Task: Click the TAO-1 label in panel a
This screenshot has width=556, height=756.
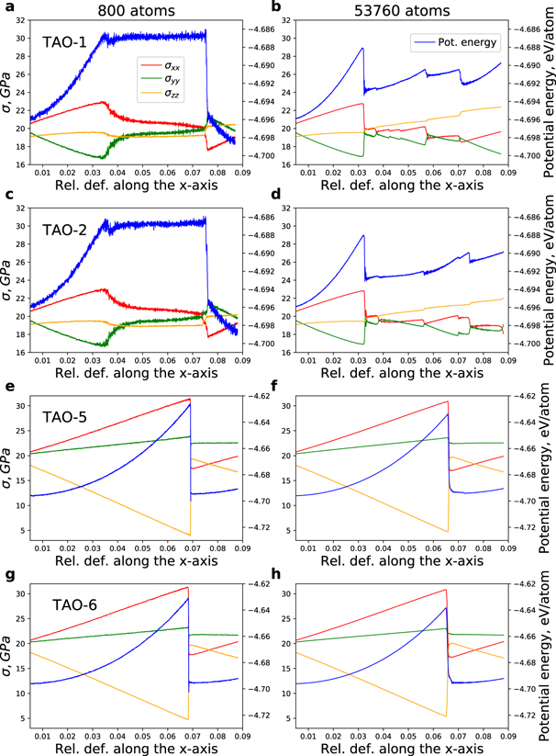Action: [x=62, y=42]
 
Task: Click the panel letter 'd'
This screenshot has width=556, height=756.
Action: [x=281, y=194]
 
